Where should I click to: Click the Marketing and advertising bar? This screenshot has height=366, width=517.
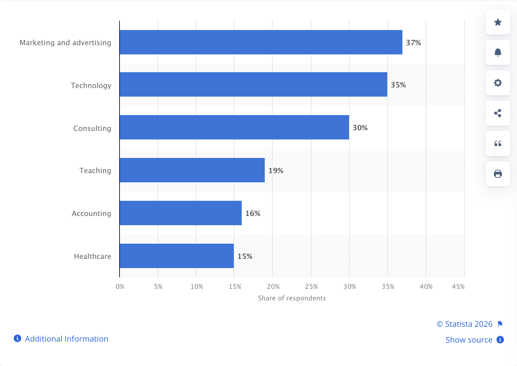(x=261, y=42)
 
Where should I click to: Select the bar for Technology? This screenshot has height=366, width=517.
(x=253, y=84)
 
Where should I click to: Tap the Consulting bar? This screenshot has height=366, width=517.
(x=234, y=127)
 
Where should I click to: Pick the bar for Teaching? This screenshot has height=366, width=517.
(x=192, y=170)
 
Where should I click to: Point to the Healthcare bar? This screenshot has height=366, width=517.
(x=177, y=256)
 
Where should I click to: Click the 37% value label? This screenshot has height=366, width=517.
(x=413, y=43)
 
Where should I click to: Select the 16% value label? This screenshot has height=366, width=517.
(x=253, y=213)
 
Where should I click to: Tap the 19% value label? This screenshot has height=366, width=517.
(x=276, y=170)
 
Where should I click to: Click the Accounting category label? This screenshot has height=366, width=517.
(x=91, y=213)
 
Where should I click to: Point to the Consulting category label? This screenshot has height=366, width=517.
(x=92, y=128)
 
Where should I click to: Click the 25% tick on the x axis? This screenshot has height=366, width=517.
(x=311, y=287)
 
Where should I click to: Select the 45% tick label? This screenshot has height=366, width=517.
(x=458, y=287)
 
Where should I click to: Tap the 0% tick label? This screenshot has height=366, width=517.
(x=120, y=287)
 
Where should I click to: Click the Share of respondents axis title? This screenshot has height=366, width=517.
(x=292, y=298)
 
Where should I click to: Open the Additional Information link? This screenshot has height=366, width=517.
(x=66, y=339)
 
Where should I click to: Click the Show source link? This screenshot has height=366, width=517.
(x=469, y=340)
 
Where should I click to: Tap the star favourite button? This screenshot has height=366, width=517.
(x=498, y=22)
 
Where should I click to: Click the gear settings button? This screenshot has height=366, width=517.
(x=498, y=83)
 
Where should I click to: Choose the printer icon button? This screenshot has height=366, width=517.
(x=498, y=174)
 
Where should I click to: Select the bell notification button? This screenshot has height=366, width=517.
(x=498, y=52)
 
